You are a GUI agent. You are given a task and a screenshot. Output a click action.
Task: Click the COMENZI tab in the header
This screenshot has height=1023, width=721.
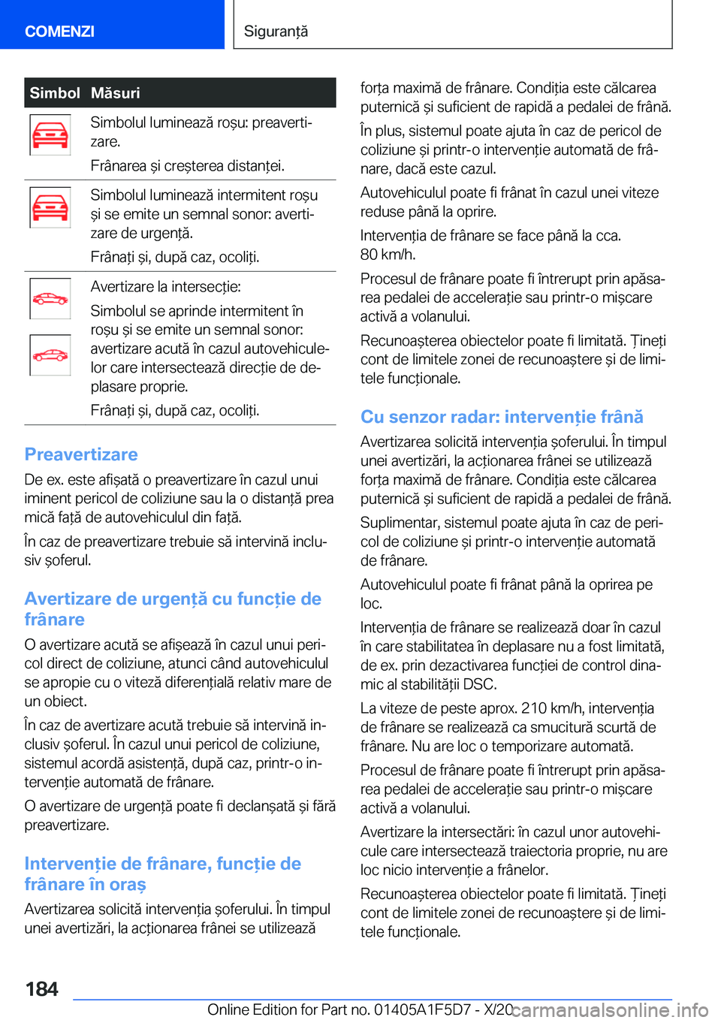click(x=59, y=31)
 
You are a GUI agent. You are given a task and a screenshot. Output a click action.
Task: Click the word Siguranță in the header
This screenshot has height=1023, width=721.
click(x=276, y=31)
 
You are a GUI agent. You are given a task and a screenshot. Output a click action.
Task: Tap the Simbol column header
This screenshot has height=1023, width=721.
click(x=55, y=93)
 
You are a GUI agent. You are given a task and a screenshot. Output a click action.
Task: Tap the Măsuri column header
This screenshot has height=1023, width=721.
click(x=116, y=93)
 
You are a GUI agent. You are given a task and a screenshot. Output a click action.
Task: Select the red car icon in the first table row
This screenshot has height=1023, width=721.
click(x=50, y=135)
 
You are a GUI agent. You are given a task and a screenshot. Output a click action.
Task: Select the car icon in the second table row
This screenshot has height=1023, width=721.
click(x=50, y=207)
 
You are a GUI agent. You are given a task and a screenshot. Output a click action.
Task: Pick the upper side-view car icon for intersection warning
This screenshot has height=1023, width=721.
click(x=50, y=299)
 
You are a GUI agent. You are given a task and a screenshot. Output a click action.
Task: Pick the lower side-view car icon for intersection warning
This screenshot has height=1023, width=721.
click(x=50, y=355)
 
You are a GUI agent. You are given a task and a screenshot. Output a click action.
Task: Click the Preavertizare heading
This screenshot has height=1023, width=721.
click(x=81, y=454)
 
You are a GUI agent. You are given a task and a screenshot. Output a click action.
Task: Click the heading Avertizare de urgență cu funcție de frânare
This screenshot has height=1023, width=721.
click(x=173, y=609)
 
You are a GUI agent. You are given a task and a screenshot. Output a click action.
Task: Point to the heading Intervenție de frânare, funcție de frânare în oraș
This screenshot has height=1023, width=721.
click(x=162, y=874)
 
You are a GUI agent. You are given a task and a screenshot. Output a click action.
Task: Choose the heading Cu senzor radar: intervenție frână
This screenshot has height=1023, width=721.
click(x=502, y=417)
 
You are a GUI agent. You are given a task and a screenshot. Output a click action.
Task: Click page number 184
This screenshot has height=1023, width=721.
click(x=42, y=988)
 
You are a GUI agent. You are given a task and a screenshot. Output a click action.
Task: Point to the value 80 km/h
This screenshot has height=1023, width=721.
click(x=388, y=255)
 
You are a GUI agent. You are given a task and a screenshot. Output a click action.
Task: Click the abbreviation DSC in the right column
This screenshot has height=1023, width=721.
click(x=480, y=684)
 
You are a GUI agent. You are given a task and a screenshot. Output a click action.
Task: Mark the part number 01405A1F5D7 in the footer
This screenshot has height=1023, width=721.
click(x=421, y=1010)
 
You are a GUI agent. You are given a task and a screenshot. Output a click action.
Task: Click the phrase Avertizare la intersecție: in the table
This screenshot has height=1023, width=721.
click(x=165, y=287)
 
